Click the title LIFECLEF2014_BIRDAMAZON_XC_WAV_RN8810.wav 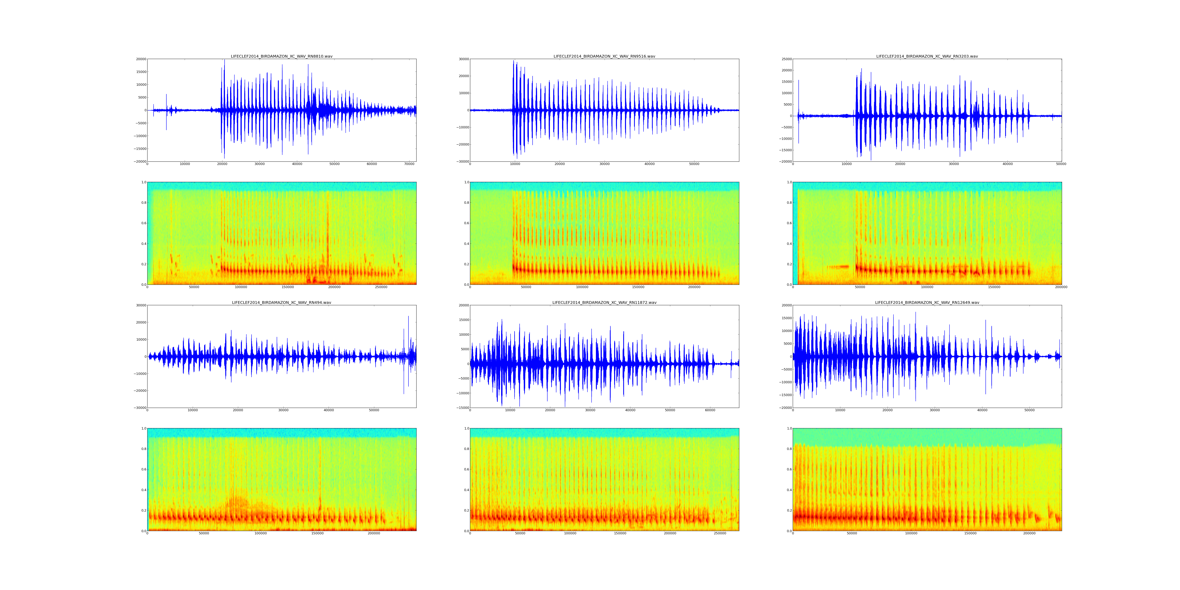281,56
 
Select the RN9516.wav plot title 604,56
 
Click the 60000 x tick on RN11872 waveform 710,410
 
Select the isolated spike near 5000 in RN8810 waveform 166,99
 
